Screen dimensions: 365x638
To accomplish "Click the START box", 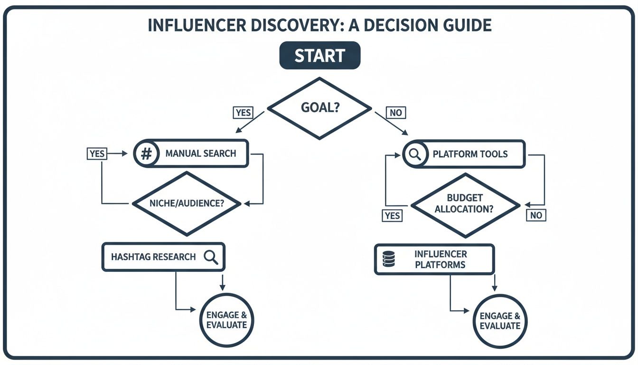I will pos(319,56).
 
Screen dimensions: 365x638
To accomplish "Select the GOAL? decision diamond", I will pos(319,108).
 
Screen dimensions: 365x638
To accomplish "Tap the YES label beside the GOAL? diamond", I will pos(243,113).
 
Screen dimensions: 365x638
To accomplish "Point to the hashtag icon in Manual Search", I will pos(147,154).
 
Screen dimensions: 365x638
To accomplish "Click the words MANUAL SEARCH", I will pos(200,154).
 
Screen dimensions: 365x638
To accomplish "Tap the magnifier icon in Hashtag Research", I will pos(210,257).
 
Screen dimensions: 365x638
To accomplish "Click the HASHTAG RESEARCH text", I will pos(153,257).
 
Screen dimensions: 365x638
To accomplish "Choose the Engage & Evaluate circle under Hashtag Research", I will pos(226,320).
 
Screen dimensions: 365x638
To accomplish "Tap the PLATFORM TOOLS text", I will pos(470,154).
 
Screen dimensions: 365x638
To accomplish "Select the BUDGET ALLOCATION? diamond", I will pos(465,204).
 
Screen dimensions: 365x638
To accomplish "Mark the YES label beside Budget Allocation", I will pos(392,215).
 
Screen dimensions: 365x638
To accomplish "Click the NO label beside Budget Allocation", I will pos(535,215).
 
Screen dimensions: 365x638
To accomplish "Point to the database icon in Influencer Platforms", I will pos(388,259).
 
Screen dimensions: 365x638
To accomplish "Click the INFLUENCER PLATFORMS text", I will pos(441,259).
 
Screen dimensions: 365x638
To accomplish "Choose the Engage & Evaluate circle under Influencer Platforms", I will pos(500,321).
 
